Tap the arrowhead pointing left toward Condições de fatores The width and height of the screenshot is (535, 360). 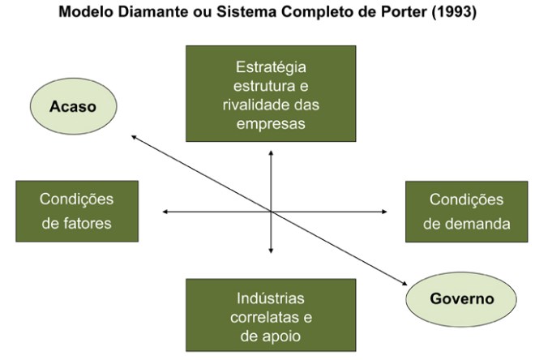165,212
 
